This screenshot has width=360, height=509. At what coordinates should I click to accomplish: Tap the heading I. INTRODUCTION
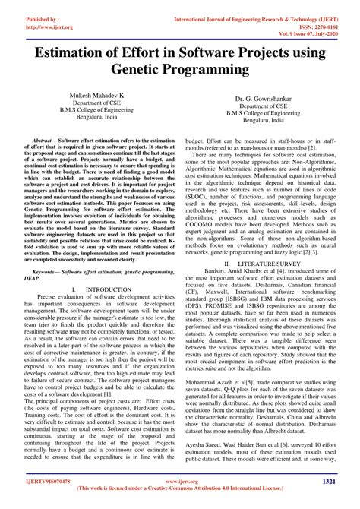tap(96, 268)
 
